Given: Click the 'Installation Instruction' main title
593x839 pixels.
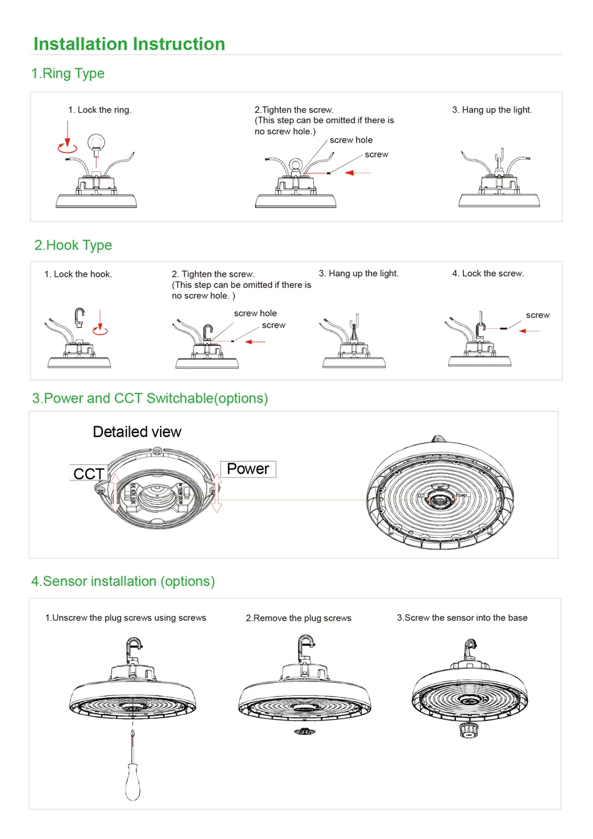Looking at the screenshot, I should click(129, 44).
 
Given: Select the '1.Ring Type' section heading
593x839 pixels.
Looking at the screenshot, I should click(68, 73).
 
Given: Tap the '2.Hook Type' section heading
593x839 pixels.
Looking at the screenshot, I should click(73, 245).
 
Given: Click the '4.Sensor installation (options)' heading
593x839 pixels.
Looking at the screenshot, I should click(123, 581).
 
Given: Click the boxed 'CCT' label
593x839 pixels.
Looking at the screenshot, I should click(88, 474).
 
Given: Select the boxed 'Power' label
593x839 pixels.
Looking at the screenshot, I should click(248, 469).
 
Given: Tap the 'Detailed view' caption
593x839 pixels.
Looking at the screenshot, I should click(137, 432).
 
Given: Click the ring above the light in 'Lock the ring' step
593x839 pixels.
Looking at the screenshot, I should click(98, 141).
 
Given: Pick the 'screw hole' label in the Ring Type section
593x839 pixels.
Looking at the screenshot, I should click(351, 140).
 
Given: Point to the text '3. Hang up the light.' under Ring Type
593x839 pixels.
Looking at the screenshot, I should click(492, 110).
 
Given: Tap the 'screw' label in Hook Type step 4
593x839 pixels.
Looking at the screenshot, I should click(538, 315).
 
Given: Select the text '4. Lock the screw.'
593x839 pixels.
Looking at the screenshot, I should click(488, 274).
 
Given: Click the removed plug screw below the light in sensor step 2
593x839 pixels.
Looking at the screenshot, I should click(304, 732).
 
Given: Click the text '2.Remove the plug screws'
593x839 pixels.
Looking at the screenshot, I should click(298, 618).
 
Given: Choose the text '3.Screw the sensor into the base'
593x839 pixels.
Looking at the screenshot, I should click(462, 618).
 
